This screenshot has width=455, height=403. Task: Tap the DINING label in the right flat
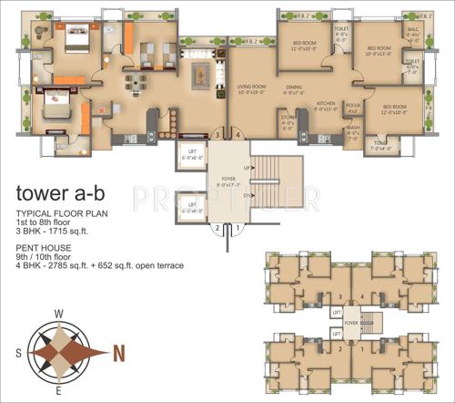tap(293, 88)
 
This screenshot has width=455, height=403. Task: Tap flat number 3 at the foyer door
tap(217, 135)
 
